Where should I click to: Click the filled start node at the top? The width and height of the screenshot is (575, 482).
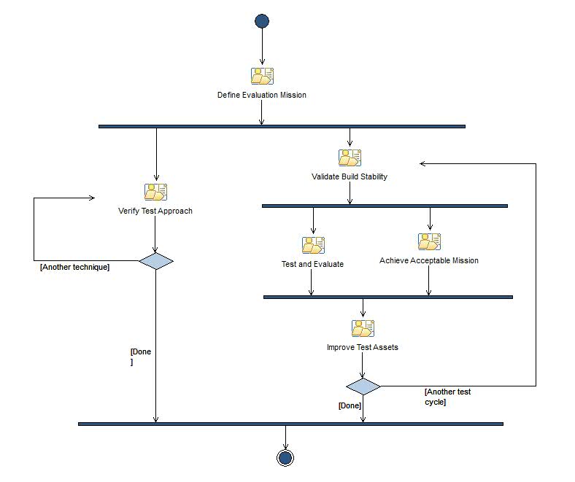point(262,21)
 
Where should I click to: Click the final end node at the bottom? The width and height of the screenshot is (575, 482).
point(285,457)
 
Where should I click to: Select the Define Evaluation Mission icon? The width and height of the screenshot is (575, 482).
point(262,76)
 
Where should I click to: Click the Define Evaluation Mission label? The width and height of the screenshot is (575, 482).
point(262,95)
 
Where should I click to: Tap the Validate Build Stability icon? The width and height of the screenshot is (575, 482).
point(350,158)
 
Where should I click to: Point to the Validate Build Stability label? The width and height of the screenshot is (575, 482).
point(350,176)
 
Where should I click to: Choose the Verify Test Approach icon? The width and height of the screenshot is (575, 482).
point(155,192)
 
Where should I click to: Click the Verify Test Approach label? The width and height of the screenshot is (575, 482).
point(155,211)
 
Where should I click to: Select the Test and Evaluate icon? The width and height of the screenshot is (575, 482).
point(313,245)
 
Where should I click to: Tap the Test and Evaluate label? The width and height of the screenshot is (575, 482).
point(312,264)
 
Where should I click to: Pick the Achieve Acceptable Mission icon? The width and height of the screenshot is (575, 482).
point(429,241)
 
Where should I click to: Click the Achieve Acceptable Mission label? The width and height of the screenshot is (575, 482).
point(429,260)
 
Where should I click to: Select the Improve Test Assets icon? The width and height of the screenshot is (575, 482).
point(363,328)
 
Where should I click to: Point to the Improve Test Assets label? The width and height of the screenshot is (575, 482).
point(363,347)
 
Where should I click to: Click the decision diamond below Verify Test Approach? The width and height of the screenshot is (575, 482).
point(156,260)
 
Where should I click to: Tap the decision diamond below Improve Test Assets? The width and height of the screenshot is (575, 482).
point(363,386)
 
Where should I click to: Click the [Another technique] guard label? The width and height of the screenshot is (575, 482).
point(74,268)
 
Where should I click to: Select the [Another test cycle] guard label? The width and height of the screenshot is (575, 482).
point(447,397)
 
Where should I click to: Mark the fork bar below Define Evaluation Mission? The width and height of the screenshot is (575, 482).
point(282,127)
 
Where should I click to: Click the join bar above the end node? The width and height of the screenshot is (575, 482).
point(290,424)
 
